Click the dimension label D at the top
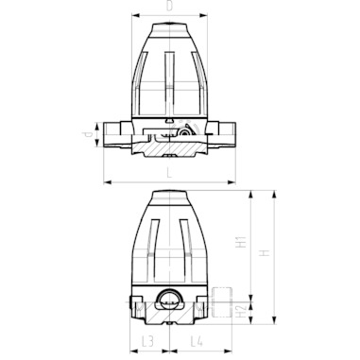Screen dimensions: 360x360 tap(169, 7)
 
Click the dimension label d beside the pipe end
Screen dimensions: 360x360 tap(89, 134)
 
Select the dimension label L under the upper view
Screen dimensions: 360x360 tap(169, 173)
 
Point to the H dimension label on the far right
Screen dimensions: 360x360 tap(266, 253)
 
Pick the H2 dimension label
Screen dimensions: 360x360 tap(242, 312)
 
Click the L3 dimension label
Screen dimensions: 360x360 tap(147, 342)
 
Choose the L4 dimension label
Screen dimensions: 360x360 tap(197, 342)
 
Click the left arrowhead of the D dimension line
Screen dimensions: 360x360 tap(135, 15)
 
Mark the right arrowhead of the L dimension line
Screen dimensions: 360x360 tap(231, 181)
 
